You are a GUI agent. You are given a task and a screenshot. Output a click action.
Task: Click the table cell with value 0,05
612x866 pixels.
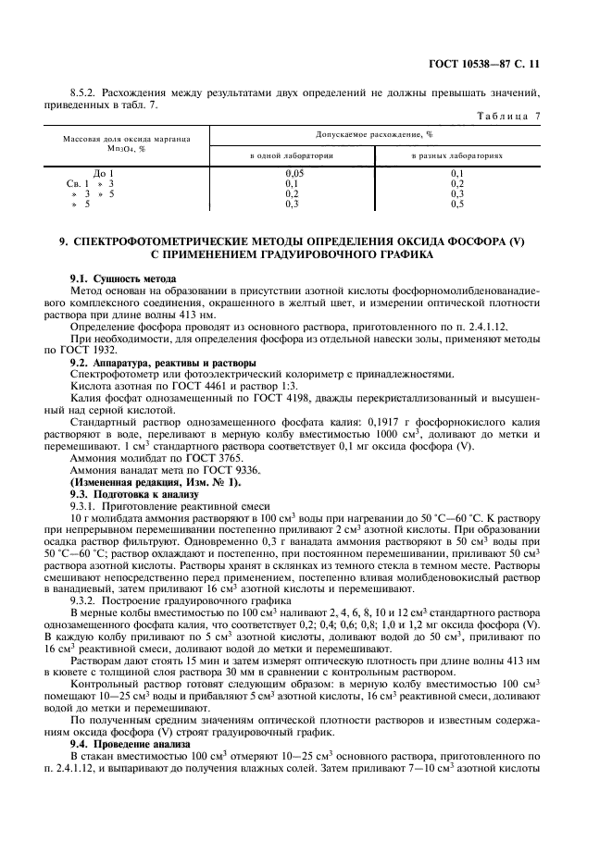(294, 174)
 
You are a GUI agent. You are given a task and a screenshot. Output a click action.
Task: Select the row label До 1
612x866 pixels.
(104, 174)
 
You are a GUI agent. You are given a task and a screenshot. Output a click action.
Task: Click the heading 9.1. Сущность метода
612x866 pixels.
(123, 278)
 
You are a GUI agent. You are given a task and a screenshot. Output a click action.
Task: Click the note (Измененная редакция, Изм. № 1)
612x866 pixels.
(156, 483)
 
